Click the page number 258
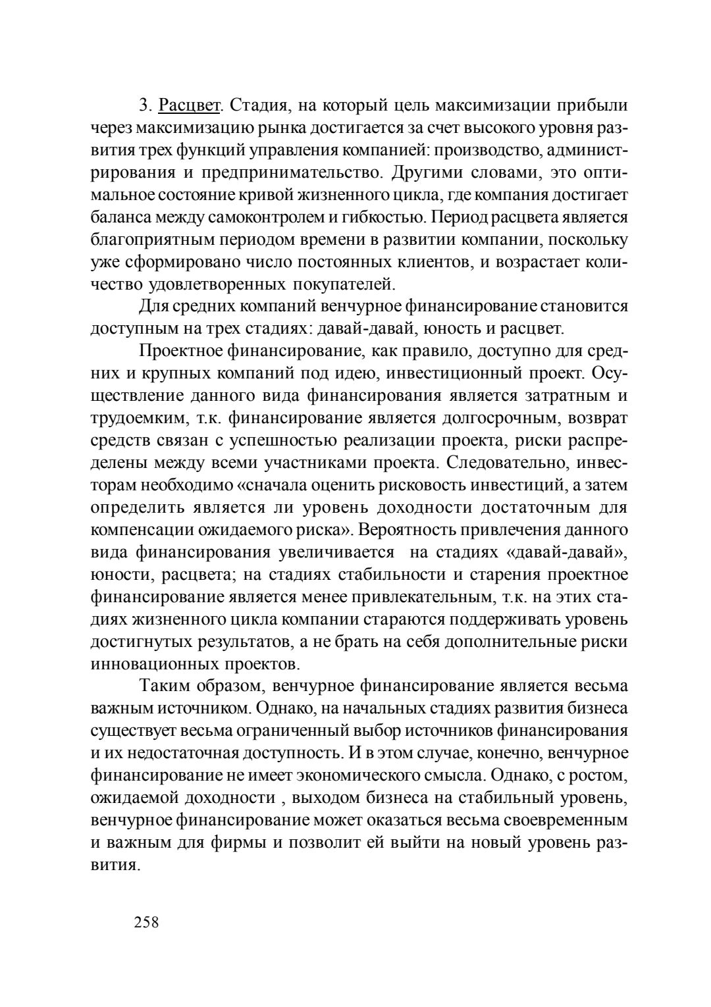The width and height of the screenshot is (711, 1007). point(146,923)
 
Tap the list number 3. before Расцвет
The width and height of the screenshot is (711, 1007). point(145,105)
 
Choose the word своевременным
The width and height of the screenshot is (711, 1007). point(559,820)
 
